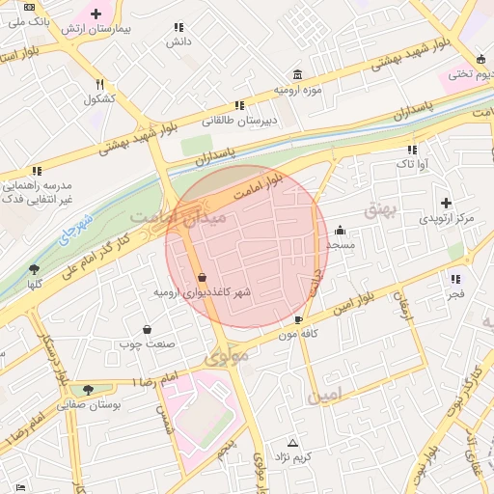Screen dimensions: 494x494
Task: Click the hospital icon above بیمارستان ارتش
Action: (96, 14)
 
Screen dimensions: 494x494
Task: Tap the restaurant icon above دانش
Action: (178, 28)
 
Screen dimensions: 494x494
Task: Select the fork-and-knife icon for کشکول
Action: (99, 84)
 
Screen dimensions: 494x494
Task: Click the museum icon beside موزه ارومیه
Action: (296, 75)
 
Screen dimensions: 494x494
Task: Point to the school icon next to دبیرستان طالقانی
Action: (237, 106)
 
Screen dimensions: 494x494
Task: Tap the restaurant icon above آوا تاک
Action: (412, 150)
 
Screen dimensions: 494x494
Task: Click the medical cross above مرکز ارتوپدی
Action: (446, 203)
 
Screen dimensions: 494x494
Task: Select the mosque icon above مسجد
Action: (341, 231)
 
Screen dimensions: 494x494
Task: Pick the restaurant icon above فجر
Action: (454, 278)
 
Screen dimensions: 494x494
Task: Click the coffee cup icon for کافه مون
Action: (299, 319)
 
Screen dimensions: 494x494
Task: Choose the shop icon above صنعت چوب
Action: (147, 329)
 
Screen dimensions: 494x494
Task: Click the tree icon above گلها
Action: (35, 269)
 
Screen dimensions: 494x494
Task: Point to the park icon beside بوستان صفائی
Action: (89, 390)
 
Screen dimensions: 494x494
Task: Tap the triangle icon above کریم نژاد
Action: (292, 441)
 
